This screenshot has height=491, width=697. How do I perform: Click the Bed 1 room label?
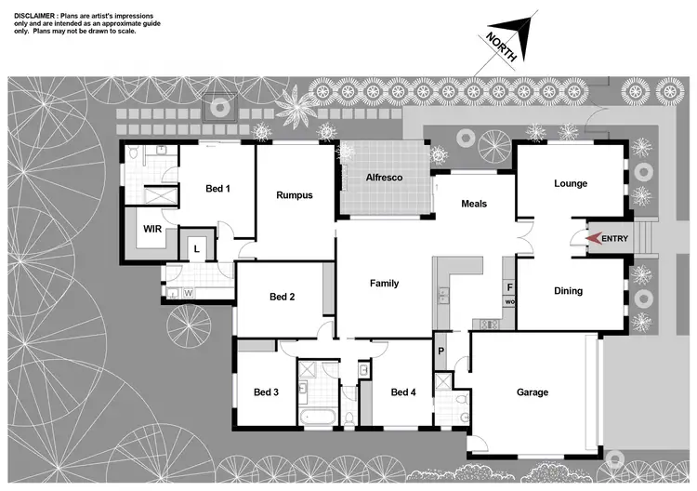[x=217, y=189]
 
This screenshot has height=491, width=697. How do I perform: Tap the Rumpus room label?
[x=294, y=195]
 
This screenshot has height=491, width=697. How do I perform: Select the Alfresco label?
[x=383, y=177]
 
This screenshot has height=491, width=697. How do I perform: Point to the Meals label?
[x=472, y=204]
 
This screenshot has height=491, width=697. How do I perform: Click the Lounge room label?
[x=570, y=183]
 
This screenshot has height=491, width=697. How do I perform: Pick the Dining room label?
[x=568, y=291]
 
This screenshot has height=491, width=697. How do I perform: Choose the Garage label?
[x=533, y=392]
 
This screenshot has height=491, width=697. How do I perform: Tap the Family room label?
[x=384, y=284]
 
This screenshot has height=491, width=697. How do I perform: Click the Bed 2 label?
[x=282, y=298]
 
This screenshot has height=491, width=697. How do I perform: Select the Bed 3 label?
[x=266, y=392]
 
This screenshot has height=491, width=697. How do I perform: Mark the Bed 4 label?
[x=403, y=392]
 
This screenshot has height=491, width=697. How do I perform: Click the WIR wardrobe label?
[x=152, y=228]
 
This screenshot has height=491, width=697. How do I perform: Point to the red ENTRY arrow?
[x=593, y=239]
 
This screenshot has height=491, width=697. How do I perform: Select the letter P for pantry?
[x=441, y=352]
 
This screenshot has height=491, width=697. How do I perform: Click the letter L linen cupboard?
[x=197, y=248]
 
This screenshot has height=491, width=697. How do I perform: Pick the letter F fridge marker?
[x=509, y=287]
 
